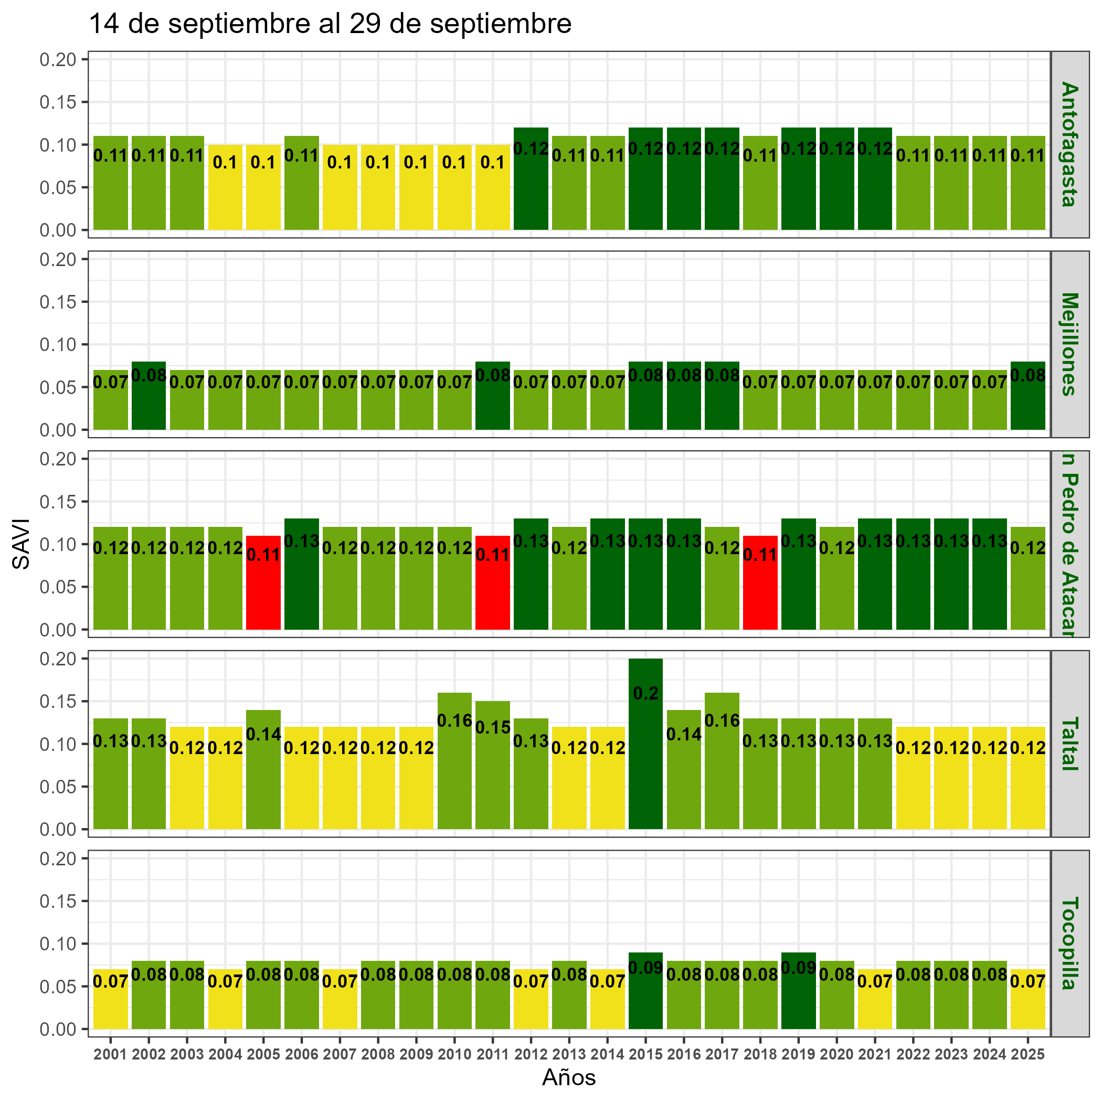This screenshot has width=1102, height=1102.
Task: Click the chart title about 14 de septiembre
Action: coord(330,25)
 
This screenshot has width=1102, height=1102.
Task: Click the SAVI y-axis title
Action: coord(21,544)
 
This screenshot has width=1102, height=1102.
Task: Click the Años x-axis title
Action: coord(569,1077)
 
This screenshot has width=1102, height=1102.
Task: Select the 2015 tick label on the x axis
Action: coord(645,1055)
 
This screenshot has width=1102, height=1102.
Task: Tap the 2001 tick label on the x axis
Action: coord(110,1055)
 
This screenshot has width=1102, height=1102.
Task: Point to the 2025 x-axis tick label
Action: coord(1027,1055)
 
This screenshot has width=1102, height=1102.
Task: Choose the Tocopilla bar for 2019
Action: coord(798,998)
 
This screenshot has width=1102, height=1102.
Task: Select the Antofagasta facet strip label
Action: coord(1069,144)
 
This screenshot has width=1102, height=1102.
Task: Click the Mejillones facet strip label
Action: coord(1069,344)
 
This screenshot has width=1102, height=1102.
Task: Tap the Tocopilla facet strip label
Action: coord(1069,943)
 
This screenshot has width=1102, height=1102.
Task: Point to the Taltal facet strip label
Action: coord(1069,743)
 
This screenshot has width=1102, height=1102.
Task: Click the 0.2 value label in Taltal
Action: coord(645,693)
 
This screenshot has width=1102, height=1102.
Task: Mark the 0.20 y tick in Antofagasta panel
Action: coord(58,59)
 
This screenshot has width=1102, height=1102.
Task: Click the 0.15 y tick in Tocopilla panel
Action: coord(58,900)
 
